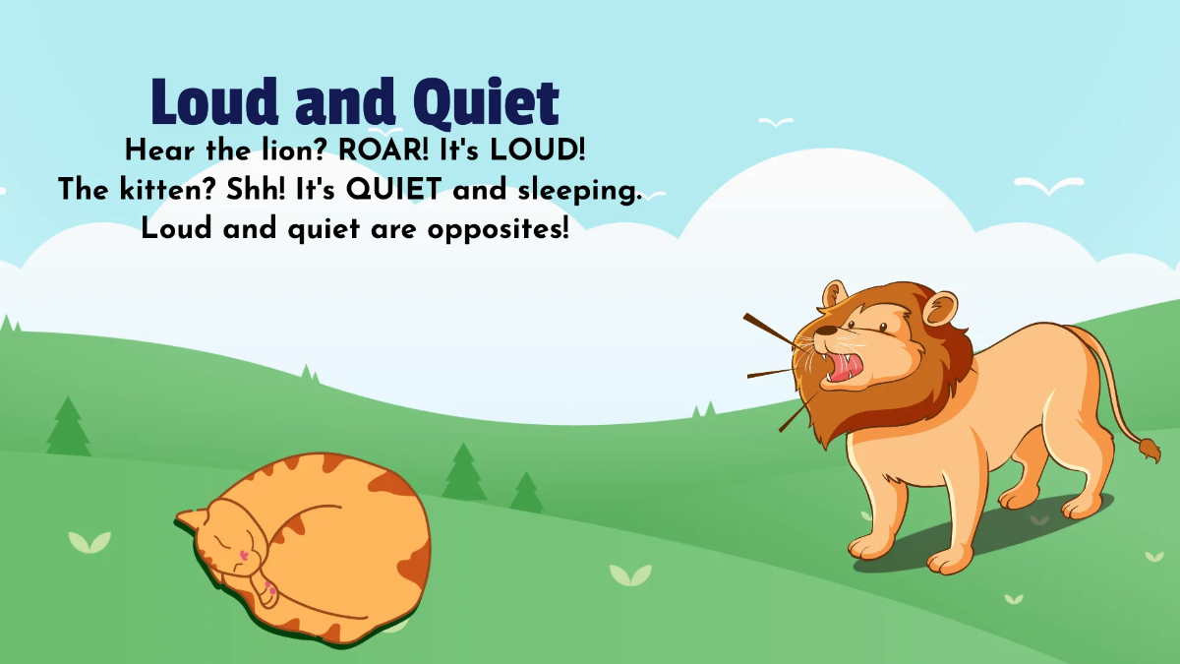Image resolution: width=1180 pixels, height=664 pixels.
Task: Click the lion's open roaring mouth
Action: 846,366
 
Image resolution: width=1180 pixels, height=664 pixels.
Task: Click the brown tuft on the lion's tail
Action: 1149,450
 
